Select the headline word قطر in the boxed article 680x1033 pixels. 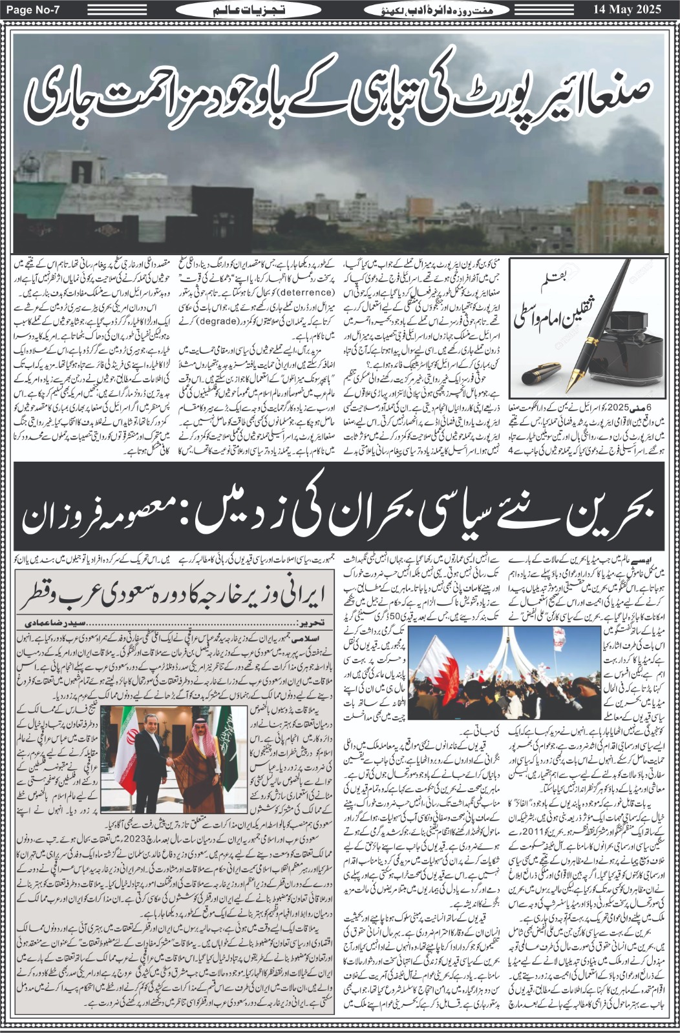39,595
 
